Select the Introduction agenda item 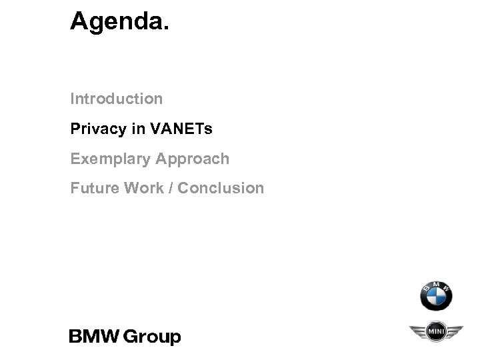[117, 99]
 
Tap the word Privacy [99, 129]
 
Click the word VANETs [182, 129]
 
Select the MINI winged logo [435, 331]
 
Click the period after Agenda [166, 29]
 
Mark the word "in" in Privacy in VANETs [138, 129]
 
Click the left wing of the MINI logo [418, 331]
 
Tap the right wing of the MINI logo [453, 331]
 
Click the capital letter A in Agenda [80, 21]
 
